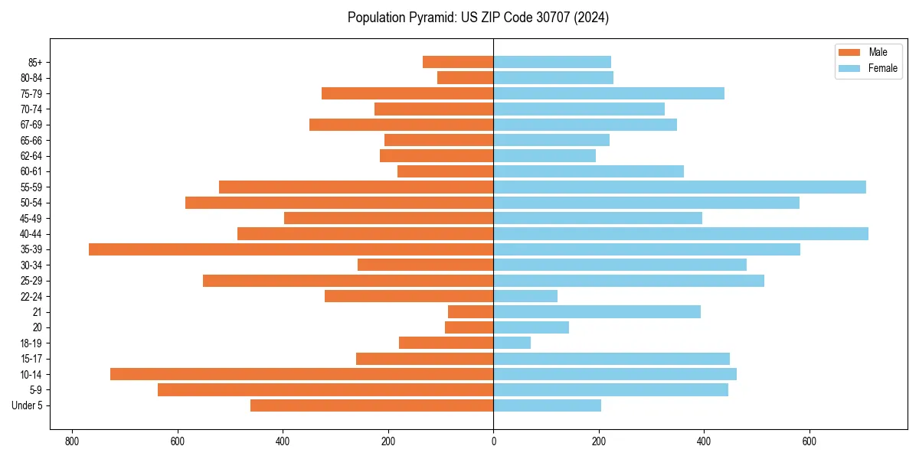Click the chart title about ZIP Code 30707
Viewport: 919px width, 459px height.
click(x=478, y=18)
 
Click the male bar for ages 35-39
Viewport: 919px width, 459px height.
click(x=291, y=249)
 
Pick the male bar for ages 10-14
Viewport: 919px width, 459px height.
click(x=302, y=374)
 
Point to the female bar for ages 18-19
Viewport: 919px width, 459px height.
click(x=512, y=343)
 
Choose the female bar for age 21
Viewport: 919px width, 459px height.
click(x=597, y=311)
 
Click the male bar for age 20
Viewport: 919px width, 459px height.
click(x=469, y=327)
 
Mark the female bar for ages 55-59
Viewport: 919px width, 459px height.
click(x=679, y=187)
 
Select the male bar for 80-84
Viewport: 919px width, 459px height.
click(x=466, y=77)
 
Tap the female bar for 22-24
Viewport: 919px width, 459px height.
click(x=525, y=296)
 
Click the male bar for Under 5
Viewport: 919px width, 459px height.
click(x=372, y=405)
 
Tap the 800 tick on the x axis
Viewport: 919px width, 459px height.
click(x=73, y=441)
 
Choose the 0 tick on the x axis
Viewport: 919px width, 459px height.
click(x=493, y=441)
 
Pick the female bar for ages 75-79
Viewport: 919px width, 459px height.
click(x=609, y=93)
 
